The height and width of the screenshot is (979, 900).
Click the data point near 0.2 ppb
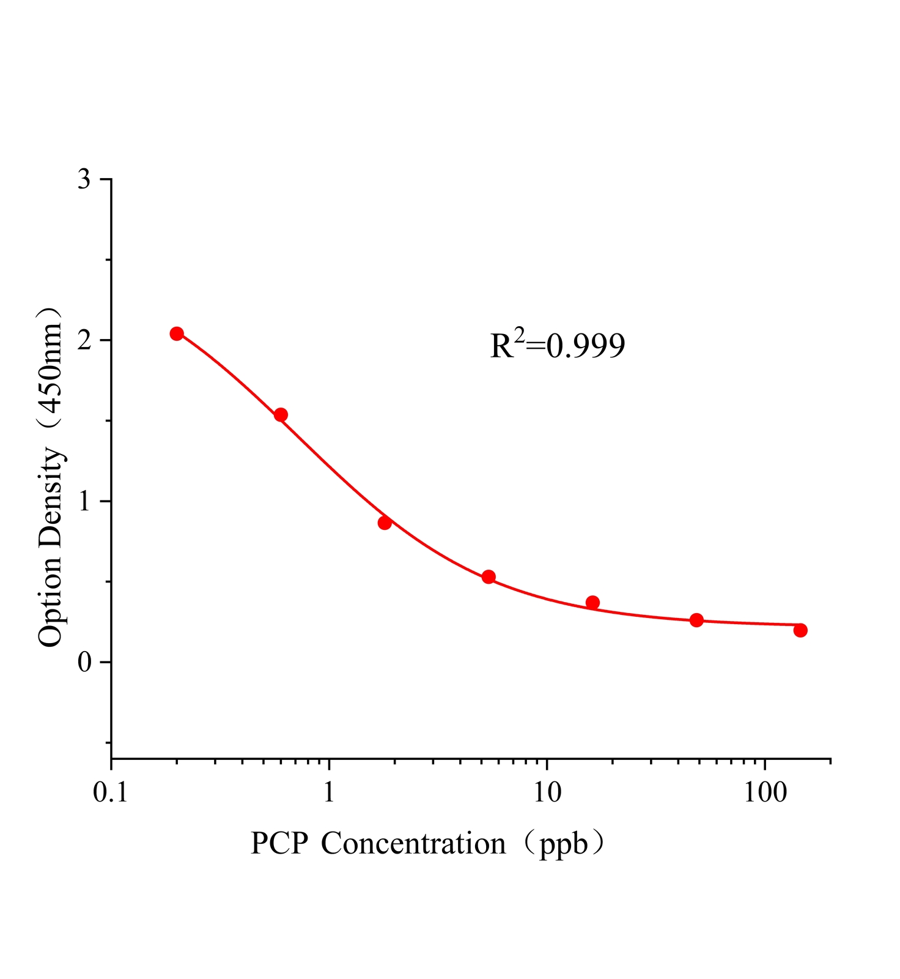pos(177,333)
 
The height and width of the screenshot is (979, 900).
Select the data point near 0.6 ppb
pos(281,415)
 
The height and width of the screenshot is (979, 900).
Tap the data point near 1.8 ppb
pos(385,523)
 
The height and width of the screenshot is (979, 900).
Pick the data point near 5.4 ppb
pos(489,576)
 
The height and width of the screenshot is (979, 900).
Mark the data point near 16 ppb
pos(592,602)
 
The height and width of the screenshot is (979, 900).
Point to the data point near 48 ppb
pos(696,620)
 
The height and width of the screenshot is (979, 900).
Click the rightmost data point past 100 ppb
pos(800,630)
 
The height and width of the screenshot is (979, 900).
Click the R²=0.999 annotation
pos(557,346)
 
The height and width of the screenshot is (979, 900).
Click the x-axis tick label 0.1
pos(110,793)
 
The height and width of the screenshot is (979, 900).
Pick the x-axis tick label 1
pos(329,793)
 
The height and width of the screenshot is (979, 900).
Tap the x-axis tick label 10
pos(547,793)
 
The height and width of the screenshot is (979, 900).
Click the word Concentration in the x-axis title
pos(413,844)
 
